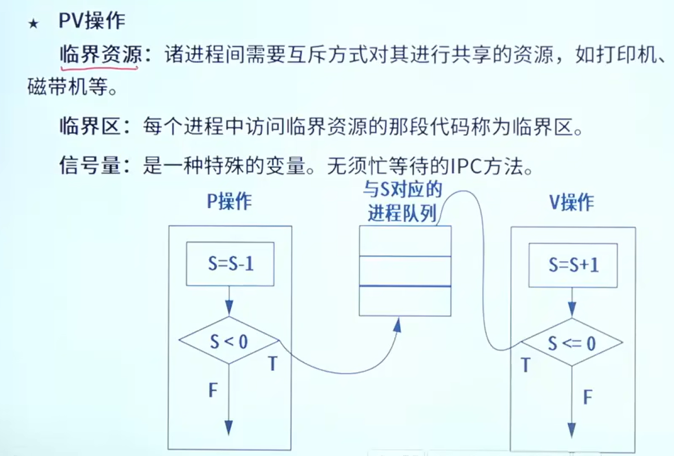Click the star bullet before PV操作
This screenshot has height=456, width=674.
click(33, 24)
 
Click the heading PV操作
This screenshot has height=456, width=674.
click(91, 21)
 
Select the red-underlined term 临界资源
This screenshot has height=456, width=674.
click(100, 55)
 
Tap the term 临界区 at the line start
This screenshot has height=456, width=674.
click(90, 127)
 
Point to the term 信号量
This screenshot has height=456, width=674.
click(90, 165)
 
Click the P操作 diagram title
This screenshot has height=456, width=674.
click(229, 201)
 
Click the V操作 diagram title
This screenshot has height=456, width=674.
click(572, 202)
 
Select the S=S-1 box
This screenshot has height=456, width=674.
click(230, 264)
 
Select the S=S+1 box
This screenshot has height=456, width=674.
click(573, 265)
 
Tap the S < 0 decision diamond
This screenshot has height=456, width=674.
click(229, 341)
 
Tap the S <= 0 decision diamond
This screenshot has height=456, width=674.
click(572, 343)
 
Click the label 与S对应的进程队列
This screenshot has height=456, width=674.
click(403, 201)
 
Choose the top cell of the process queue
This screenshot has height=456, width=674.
click(405, 241)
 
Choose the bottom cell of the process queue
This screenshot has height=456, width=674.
click(405, 301)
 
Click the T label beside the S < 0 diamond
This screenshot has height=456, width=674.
click(272, 364)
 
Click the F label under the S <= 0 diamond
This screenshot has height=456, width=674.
click(588, 397)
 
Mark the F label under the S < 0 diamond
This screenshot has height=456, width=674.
click(213, 390)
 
